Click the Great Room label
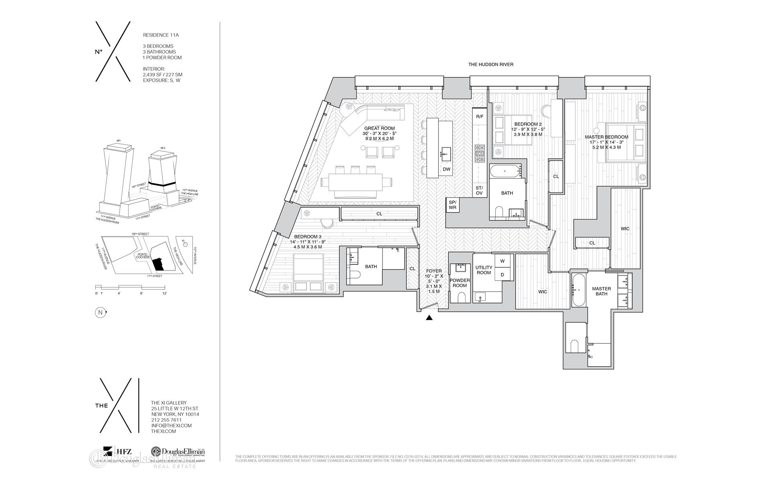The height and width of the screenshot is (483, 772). click(379, 128)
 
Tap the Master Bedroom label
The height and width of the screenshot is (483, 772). click(606, 137)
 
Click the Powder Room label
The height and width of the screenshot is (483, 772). click(460, 283)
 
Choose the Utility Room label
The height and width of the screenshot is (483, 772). click(484, 270)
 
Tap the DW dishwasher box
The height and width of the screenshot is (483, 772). click(446, 169)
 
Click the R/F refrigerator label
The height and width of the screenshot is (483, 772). click(480, 116)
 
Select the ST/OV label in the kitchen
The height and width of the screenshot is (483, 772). click(479, 190)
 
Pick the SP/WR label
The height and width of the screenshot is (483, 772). click(452, 205)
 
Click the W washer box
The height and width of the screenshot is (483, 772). click(502, 261)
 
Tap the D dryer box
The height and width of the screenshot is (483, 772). click(502, 275)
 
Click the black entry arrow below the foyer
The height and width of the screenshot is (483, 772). click(429, 318)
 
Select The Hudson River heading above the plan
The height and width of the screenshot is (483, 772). click(491, 64)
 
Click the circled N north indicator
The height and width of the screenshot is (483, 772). click(99, 312)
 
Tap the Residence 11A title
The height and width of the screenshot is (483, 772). click(161, 35)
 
